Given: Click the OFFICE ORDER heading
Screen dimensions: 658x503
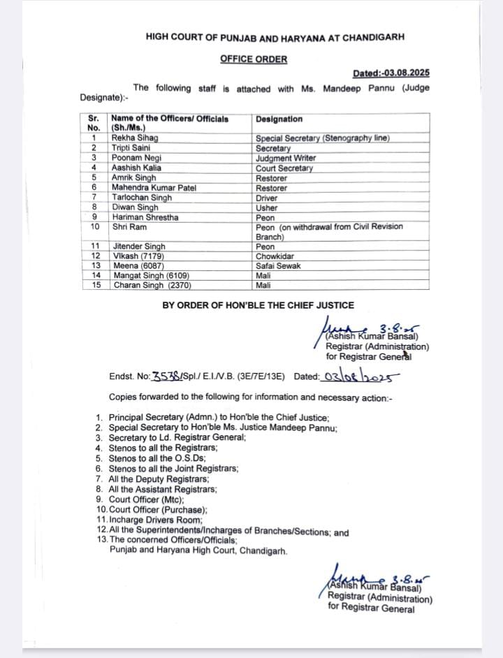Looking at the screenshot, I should point(253,59).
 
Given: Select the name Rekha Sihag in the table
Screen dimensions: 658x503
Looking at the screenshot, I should point(131,138).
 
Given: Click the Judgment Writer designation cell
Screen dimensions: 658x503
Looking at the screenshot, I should point(286,158).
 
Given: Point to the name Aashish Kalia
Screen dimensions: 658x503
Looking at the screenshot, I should point(136,168).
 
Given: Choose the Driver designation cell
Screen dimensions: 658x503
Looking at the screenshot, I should point(268,198).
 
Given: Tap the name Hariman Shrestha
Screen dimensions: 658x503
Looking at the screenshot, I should point(145,217).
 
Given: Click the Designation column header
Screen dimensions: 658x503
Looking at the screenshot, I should point(279,119).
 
